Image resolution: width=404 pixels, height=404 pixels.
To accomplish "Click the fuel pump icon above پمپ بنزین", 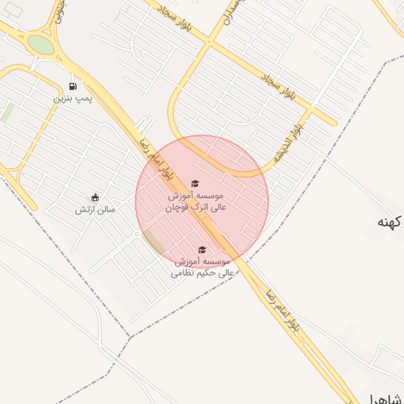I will tap(73, 86).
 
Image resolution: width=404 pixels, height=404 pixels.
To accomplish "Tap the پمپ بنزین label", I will tap(73, 98).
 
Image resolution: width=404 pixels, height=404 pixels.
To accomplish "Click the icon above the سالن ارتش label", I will tap(95, 197).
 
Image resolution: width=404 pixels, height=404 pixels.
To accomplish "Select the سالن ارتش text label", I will tap(95, 209).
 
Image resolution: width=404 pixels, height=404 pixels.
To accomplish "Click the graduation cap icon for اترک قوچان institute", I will tap(196, 183).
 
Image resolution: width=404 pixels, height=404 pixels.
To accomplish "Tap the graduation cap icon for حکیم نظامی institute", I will tap(201, 249).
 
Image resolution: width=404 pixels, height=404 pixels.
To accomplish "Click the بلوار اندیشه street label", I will tap(288, 142).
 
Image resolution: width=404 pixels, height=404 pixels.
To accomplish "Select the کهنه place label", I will tap(390, 222).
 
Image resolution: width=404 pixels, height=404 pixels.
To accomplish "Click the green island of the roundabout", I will tap(40, 44).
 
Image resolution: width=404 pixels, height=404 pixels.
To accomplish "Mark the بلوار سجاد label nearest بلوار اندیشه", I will tap(280, 84).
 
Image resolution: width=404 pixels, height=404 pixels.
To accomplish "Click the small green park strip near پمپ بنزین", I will tap(6, 113).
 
